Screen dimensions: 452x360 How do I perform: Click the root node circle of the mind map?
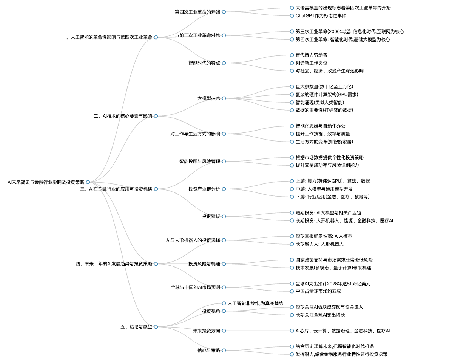point(88,182)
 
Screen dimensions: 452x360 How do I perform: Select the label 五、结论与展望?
point(136,327)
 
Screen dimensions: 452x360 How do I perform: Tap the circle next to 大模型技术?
point(224,98)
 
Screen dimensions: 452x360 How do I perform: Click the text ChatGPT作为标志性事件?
point(321,16)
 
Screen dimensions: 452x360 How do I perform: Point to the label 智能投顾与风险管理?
point(200,162)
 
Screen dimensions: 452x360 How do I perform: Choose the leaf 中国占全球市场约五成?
point(318,291)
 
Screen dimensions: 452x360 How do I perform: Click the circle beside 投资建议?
point(224,217)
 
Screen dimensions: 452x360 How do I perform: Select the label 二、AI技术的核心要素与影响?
point(123,116)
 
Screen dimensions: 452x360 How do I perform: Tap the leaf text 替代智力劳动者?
point(311,55)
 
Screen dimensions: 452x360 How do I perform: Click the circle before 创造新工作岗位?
point(292,63)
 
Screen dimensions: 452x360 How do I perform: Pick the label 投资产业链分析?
point(204,189)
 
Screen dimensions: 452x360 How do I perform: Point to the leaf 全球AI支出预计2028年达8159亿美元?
point(333,284)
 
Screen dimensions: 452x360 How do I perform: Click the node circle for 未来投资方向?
point(224,331)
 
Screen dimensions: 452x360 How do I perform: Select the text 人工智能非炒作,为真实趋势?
point(255,303)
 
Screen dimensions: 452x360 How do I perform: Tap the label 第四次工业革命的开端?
point(197,12)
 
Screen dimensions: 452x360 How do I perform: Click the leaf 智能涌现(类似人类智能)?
point(320,103)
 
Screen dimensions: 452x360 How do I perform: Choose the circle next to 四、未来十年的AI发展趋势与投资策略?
point(156,264)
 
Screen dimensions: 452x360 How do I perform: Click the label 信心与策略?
point(209,351)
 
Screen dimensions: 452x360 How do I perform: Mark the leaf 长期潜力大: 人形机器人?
point(320,244)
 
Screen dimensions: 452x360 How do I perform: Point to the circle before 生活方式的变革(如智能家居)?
point(292,142)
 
